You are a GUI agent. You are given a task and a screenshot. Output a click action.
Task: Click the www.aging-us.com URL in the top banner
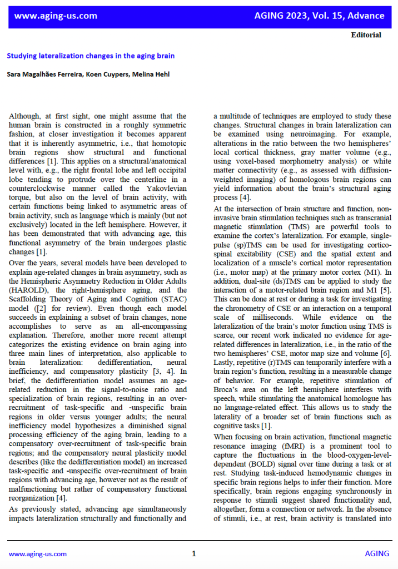point(56,16)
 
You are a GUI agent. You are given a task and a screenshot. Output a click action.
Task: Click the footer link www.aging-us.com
point(38,553)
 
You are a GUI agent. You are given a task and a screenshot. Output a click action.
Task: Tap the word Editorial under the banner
point(366,35)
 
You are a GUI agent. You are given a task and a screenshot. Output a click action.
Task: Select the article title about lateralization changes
point(91,56)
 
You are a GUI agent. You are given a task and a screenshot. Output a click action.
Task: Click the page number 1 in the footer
point(194,553)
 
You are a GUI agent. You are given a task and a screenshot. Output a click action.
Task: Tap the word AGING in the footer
point(377,553)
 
